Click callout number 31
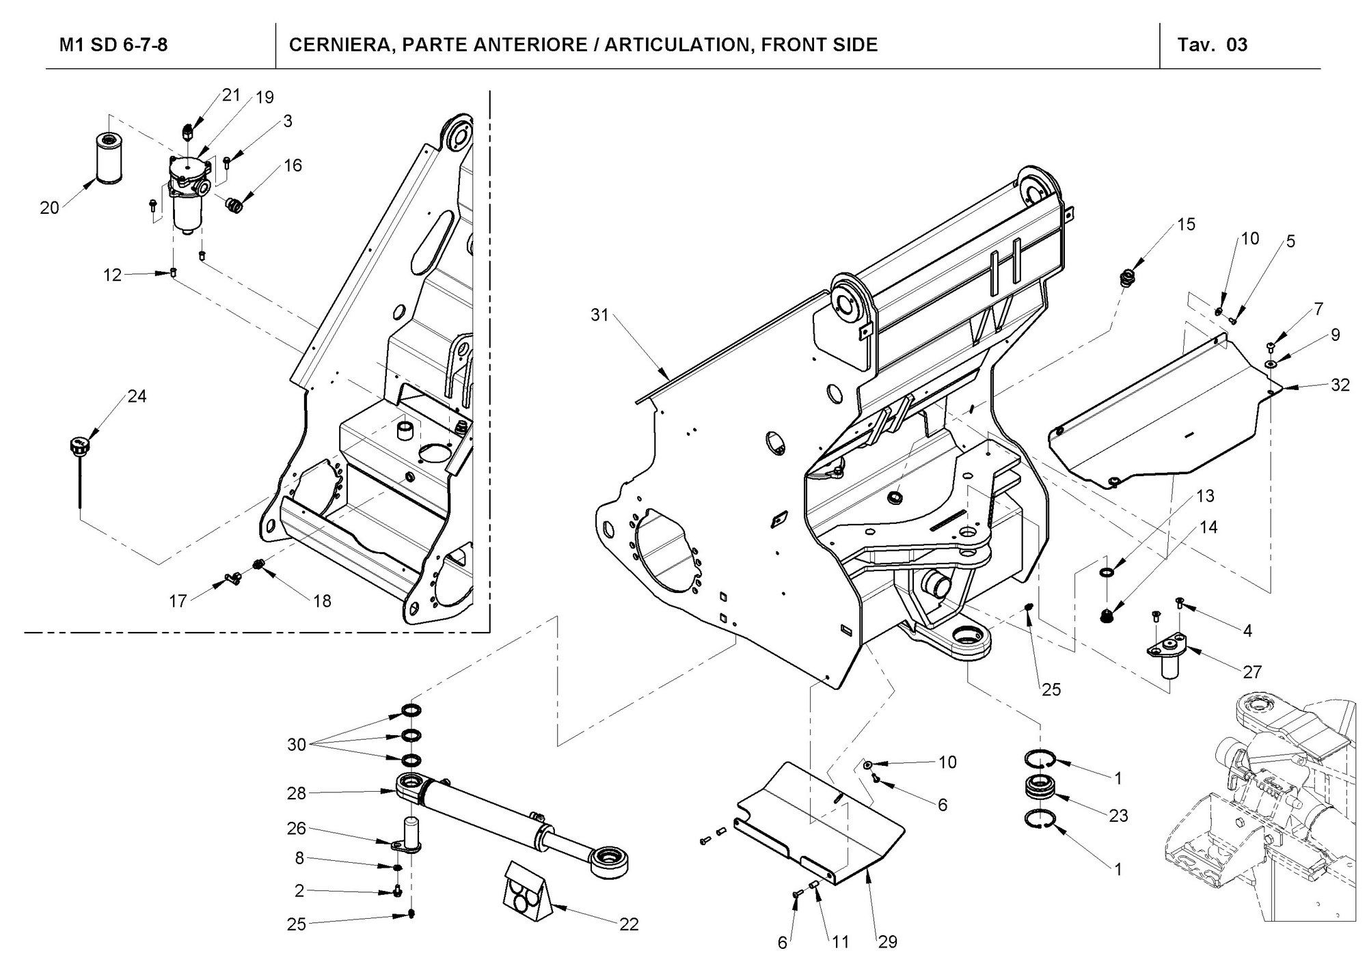click(x=599, y=316)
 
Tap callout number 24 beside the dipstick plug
click(x=137, y=396)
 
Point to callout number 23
click(x=1118, y=816)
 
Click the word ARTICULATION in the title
click(x=675, y=45)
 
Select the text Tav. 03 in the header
click(x=1213, y=45)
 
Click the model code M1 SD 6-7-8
click(x=113, y=45)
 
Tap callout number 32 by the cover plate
click(x=1340, y=385)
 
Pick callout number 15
click(x=1187, y=224)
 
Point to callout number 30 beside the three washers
click(x=296, y=745)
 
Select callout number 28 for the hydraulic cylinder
click(x=296, y=793)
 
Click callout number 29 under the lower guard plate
click(x=887, y=942)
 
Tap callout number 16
click(x=293, y=165)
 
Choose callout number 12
click(x=112, y=275)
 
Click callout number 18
click(x=322, y=601)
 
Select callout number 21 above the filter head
click(x=232, y=94)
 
